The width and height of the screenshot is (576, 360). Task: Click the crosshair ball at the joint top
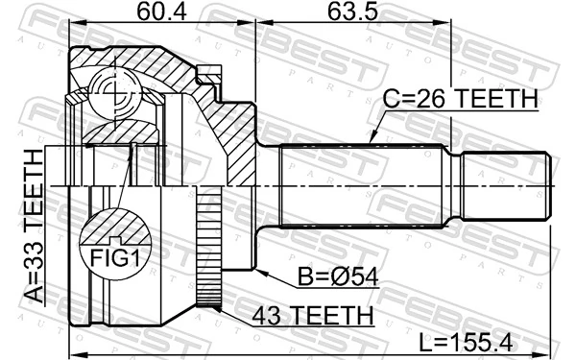[112, 94]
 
